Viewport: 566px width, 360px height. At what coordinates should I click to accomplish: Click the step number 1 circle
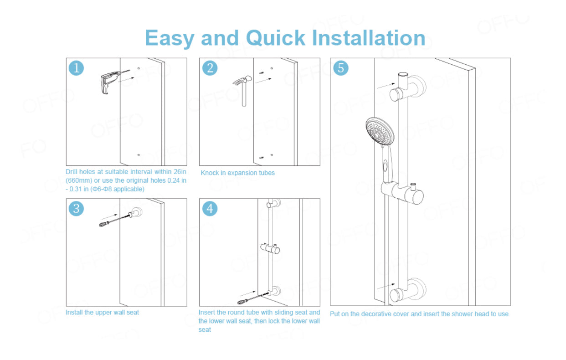[x=76, y=68]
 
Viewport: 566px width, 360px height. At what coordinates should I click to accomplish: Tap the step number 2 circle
[x=210, y=68]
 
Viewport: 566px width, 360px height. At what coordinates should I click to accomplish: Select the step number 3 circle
[x=76, y=209]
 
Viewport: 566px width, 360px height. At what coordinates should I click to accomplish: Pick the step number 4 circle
[x=210, y=209]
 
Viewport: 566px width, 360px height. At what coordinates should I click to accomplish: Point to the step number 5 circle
[x=341, y=68]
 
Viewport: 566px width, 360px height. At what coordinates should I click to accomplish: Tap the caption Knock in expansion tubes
[x=238, y=173]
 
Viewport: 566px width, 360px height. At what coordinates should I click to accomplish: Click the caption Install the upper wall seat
[x=103, y=312]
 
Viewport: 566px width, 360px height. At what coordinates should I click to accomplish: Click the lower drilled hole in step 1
[x=139, y=155]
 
